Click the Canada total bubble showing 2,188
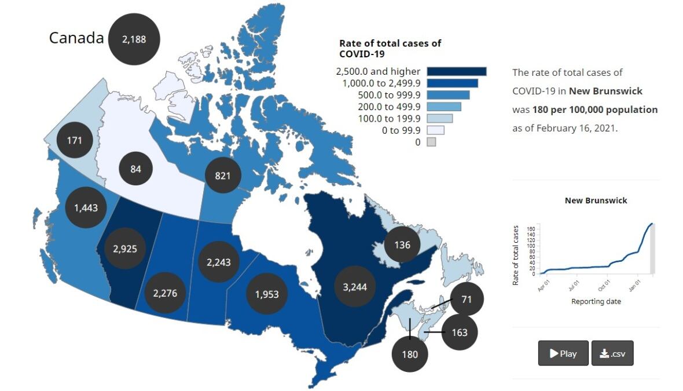134,39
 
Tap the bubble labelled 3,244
354,287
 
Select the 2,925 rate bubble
125,249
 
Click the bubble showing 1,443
86,207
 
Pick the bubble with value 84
136,169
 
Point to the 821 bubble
223,175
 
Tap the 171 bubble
75,141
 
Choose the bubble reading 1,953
266,294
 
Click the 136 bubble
402,245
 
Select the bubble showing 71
467,300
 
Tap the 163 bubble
460,332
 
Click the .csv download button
612,353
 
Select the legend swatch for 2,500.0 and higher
457,71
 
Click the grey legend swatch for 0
431,142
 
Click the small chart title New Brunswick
596,200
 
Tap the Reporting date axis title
596,302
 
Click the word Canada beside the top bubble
76,38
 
